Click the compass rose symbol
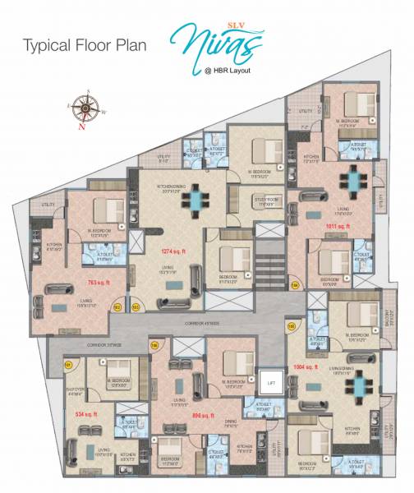(82, 110)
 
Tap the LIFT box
(271, 382)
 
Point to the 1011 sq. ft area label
(338, 224)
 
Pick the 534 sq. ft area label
(85, 413)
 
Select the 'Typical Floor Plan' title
(85, 45)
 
